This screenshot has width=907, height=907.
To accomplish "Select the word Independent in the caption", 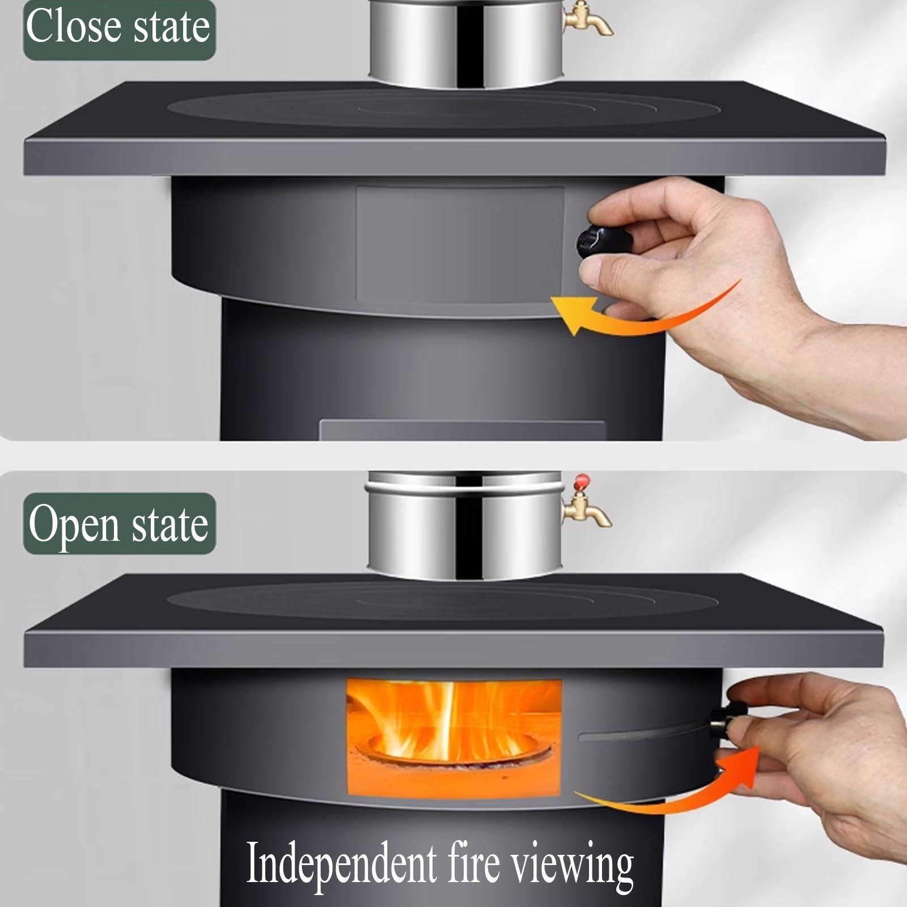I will click(341, 863).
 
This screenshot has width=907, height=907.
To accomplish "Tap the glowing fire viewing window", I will click(453, 737).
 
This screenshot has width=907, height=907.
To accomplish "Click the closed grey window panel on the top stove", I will click(459, 244).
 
